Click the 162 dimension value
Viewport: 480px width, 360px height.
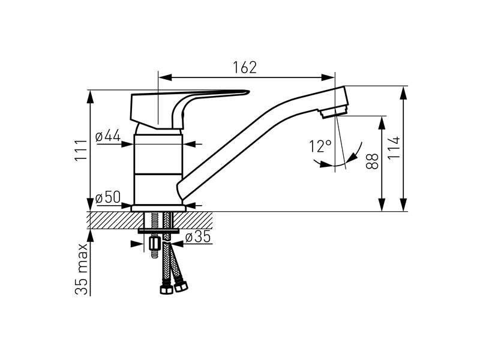coord(245,68)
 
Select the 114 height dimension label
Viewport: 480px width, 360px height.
coord(394,148)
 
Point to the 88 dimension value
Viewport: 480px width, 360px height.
coord(372,161)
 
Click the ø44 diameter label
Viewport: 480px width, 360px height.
coord(108,136)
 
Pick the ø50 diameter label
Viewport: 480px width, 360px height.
coord(108,197)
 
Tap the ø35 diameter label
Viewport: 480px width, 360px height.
coord(198,236)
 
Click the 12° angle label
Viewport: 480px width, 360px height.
coord(320,146)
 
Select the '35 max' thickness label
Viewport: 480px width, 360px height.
coord(81,269)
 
